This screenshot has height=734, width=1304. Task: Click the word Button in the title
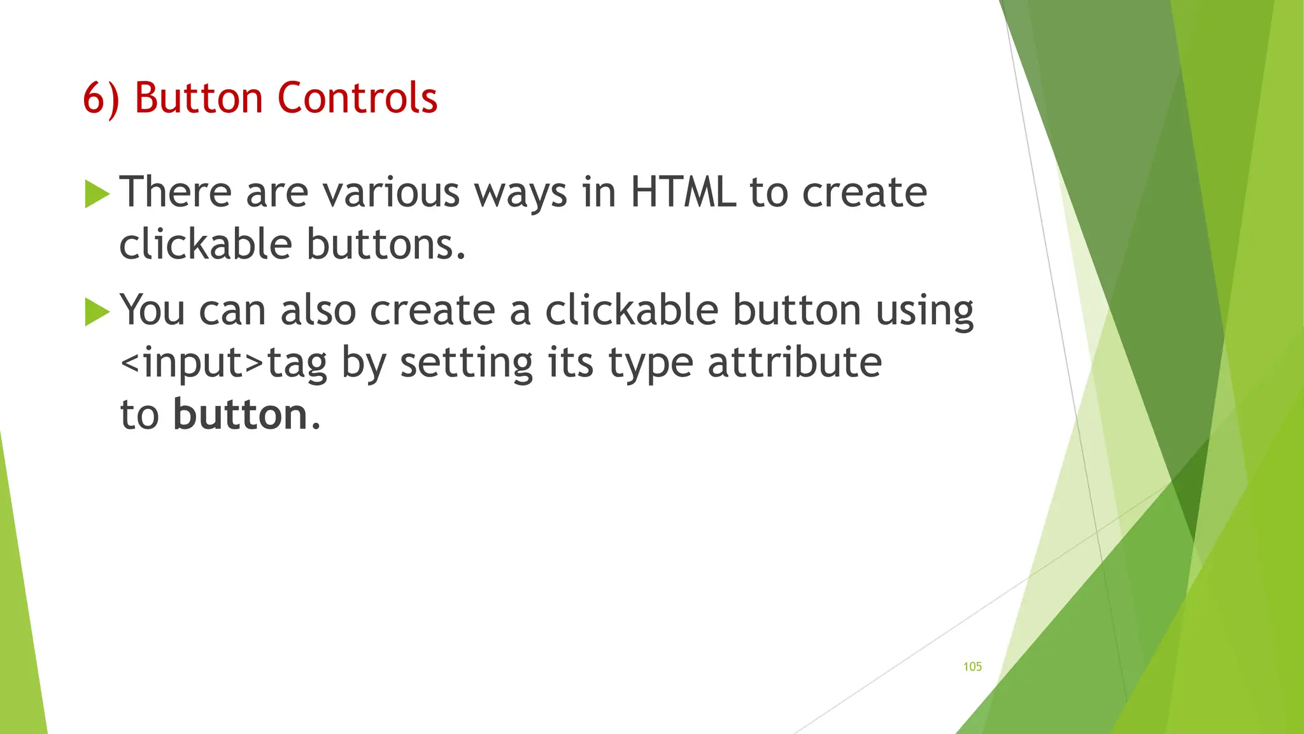tap(198, 98)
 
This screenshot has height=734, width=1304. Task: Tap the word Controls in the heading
tap(357, 98)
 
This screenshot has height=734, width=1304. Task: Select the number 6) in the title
tap(101, 99)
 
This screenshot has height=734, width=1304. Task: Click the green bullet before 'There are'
tap(97, 194)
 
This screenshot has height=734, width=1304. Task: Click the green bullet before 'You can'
tap(97, 312)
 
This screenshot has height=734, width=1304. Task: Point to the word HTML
tap(683, 192)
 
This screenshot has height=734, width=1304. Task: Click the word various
tap(391, 192)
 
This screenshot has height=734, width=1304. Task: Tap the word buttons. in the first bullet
tap(386, 245)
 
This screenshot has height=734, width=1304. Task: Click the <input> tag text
tap(192, 363)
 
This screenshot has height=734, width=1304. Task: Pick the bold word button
tap(240, 415)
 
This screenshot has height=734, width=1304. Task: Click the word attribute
tap(794, 363)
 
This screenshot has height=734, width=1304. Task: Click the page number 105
tap(972, 666)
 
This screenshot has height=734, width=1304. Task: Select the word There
tap(175, 192)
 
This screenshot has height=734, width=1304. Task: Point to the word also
tap(318, 311)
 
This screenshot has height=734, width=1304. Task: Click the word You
tap(152, 311)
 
